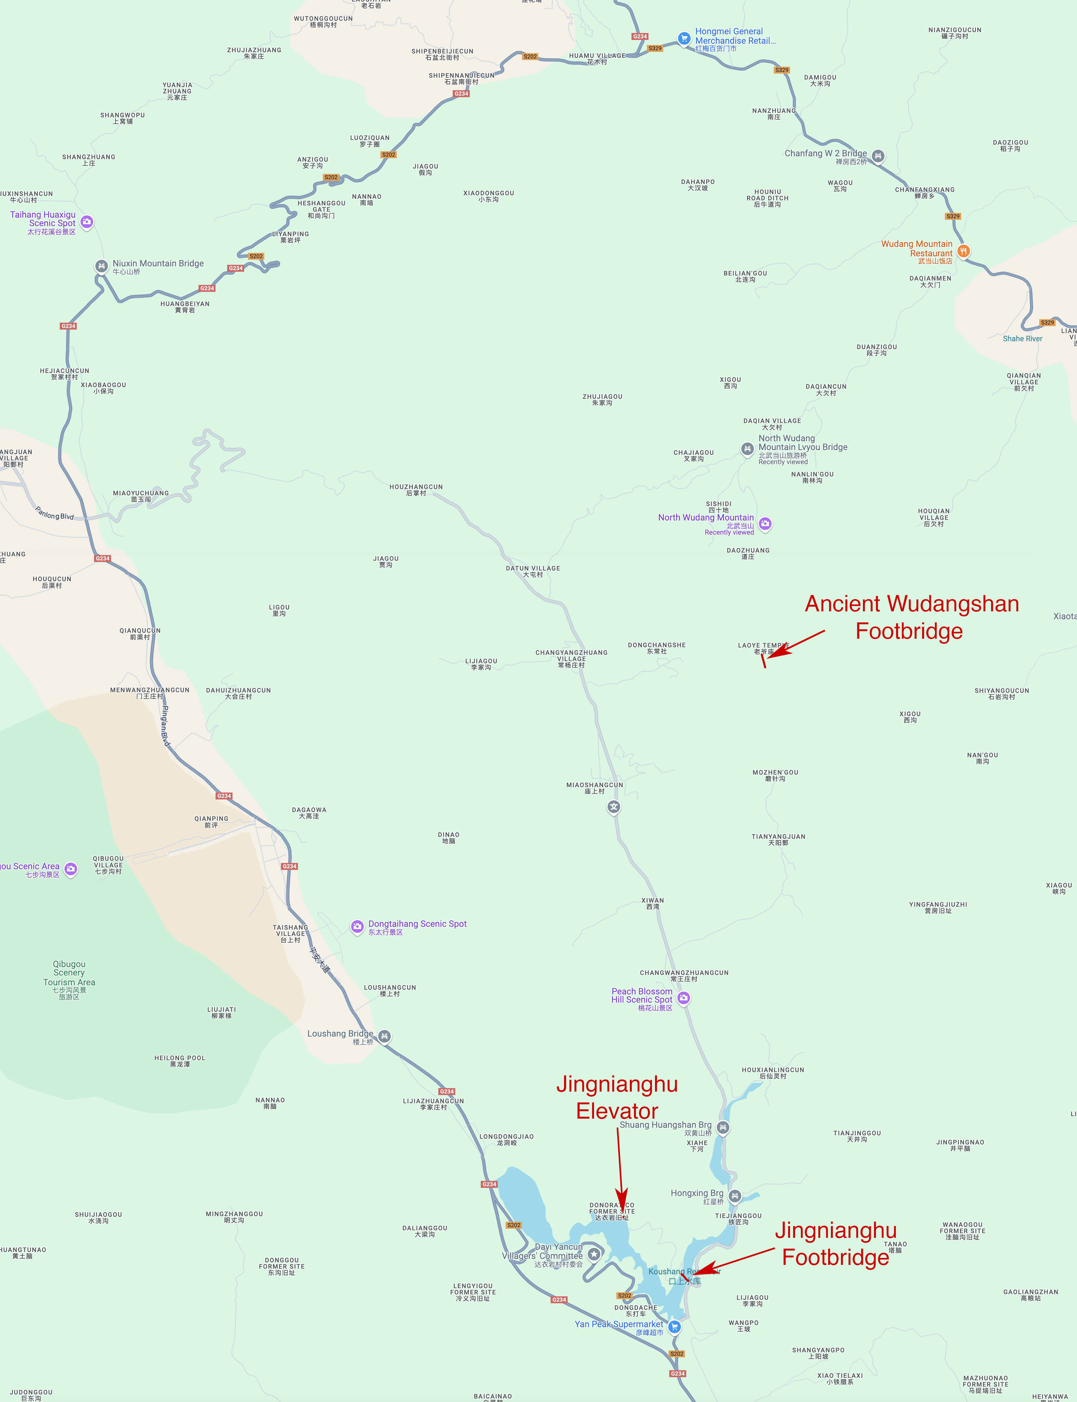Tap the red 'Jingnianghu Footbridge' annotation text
coord(835,1244)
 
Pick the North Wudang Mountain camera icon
coord(765,524)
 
